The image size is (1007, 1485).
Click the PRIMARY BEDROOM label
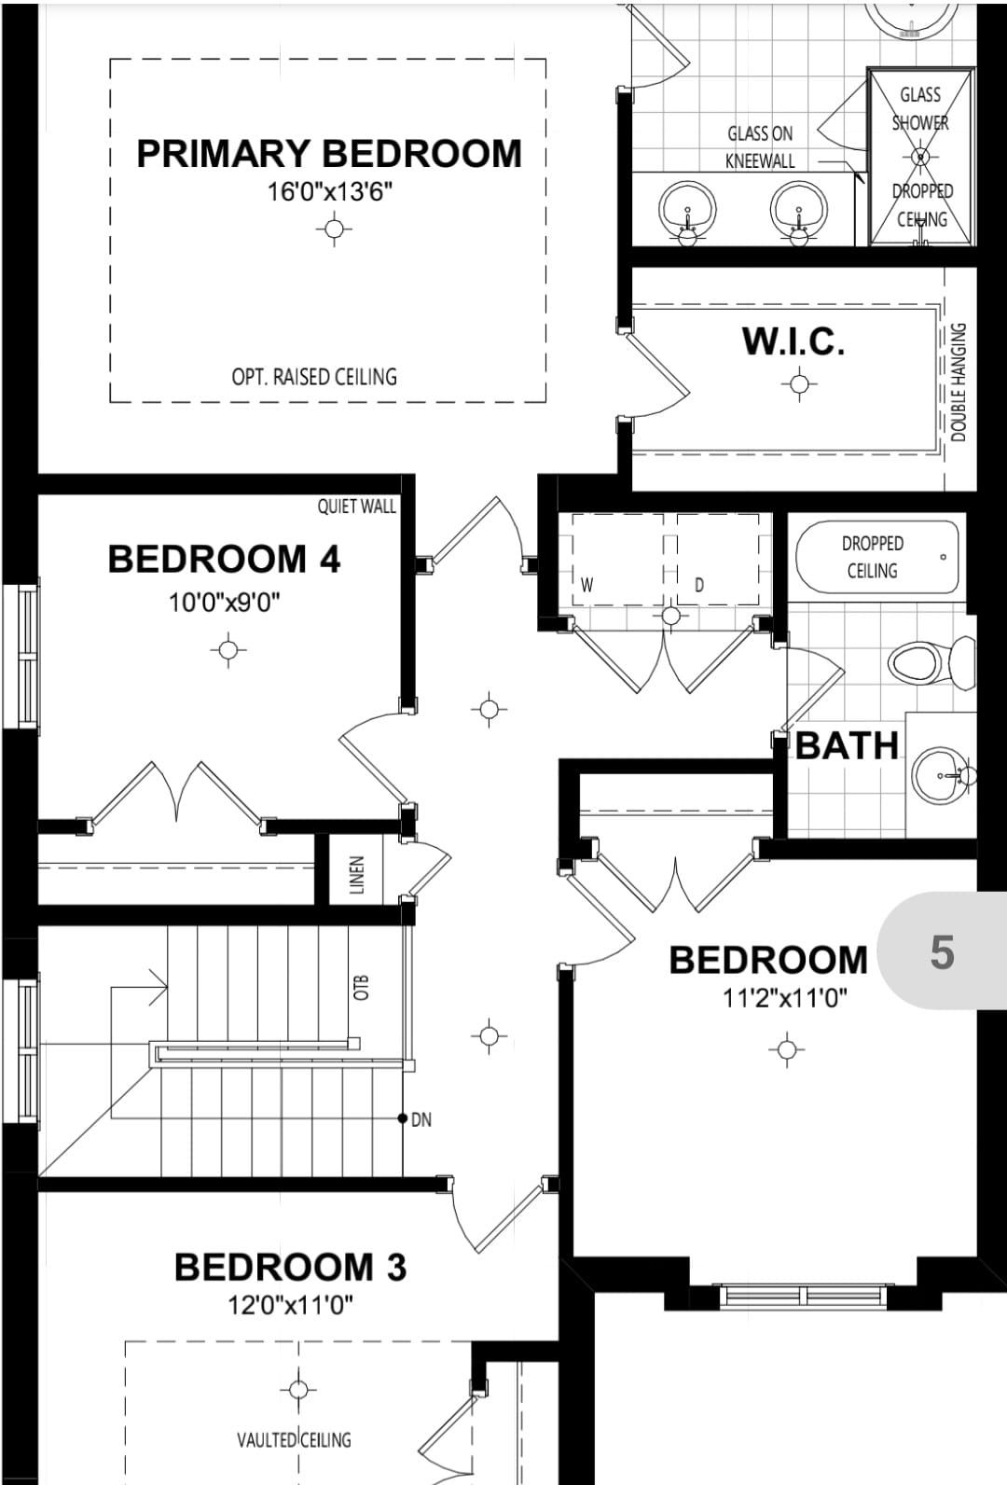pyautogui.click(x=329, y=153)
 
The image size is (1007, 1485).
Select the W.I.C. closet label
pyautogui.click(x=793, y=341)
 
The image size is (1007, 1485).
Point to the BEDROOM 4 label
pyautogui.click(x=224, y=558)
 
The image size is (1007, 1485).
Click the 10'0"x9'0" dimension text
pyautogui.click(x=225, y=603)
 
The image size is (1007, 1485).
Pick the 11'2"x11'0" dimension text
pyautogui.click(x=785, y=998)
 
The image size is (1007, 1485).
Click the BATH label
pyautogui.click(x=847, y=745)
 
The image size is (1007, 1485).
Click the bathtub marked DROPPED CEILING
pyautogui.click(x=877, y=557)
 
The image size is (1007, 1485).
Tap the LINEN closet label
pyautogui.click(x=356, y=874)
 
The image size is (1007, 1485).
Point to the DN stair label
pyautogui.click(x=421, y=1119)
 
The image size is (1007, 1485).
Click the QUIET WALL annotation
pyautogui.click(x=356, y=507)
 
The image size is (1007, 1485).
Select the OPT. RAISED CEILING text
pyautogui.click(x=314, y=377)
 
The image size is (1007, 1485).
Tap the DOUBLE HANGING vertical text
pyautogui.click(x=959, y=382)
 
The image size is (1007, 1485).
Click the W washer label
pyautogui.click(x=587, y=585)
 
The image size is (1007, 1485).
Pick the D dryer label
pyautogui.click(x=699, y=586)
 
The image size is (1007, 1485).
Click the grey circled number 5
pyautogui.click(x=942, y=952)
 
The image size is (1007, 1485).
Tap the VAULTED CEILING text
pyautogui.click(x=294, y=1440)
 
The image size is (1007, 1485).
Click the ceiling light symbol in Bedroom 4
pyautogui.click(x=228, y=649)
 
